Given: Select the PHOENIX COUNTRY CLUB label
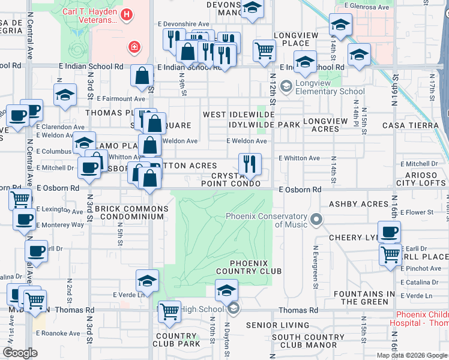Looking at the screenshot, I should coord(256,267).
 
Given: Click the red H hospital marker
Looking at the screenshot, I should coord(127,14).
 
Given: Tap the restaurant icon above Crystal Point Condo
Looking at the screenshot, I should coord(249,163).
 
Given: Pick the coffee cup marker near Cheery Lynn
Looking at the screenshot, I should coord(389,232).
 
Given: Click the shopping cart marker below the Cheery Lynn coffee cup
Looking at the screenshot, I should coord(390,255).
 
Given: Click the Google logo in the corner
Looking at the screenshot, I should coord(20,352).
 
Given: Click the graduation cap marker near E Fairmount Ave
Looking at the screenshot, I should coord(65,95).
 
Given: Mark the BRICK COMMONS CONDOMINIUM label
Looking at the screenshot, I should coord(131,213).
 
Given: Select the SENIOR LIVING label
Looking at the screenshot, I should coord(275,325).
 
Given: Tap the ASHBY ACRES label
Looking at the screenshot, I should coord(359,204).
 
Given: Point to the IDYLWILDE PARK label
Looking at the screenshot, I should coord(264,124).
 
